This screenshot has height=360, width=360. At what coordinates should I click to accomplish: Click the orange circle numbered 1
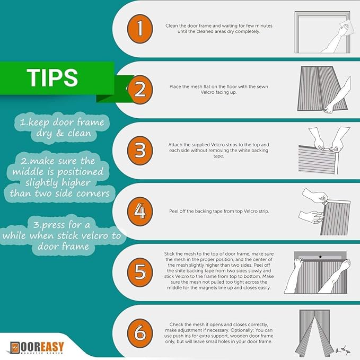pyautogui.click(x=140, y=29)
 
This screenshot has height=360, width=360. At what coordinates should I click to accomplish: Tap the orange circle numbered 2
pyautogui.click(x=140, y=90)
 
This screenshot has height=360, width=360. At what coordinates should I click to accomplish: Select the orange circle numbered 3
pyautogui.click(x=140, y=151)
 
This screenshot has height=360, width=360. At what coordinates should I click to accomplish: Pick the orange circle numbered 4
pyautogui.click(x=140, y=212)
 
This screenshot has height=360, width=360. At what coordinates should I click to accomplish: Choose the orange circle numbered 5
pyautogui.click(x=140, y=273)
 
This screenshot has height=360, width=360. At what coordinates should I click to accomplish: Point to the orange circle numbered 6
pyautogui.click(x=140, y=333)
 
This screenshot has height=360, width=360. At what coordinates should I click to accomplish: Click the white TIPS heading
pyautogui.click(x=52, y=77)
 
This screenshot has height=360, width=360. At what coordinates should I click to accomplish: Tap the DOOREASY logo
pyautogui.click(x=37, y=348)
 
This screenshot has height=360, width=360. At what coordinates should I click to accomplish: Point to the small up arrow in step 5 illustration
pyautogui.click(x=320, y=257)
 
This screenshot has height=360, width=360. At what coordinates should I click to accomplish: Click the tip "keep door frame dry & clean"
pyautogui.click(x=62, y=128)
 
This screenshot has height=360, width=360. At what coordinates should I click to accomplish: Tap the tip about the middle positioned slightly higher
pyautogui.click(x=60, y=177)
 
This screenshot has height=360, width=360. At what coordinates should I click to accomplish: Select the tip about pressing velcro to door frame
pyautogui.click(x=62, y=235)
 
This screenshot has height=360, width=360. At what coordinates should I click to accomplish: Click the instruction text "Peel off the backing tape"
pyautogui.click(x=219, y=211)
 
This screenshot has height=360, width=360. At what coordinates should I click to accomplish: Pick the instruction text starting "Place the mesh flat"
pyautogui.click(x=218, y=89)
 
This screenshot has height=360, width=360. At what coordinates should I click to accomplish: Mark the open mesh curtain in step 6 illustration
pyautogui.click(x=315, y=332)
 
